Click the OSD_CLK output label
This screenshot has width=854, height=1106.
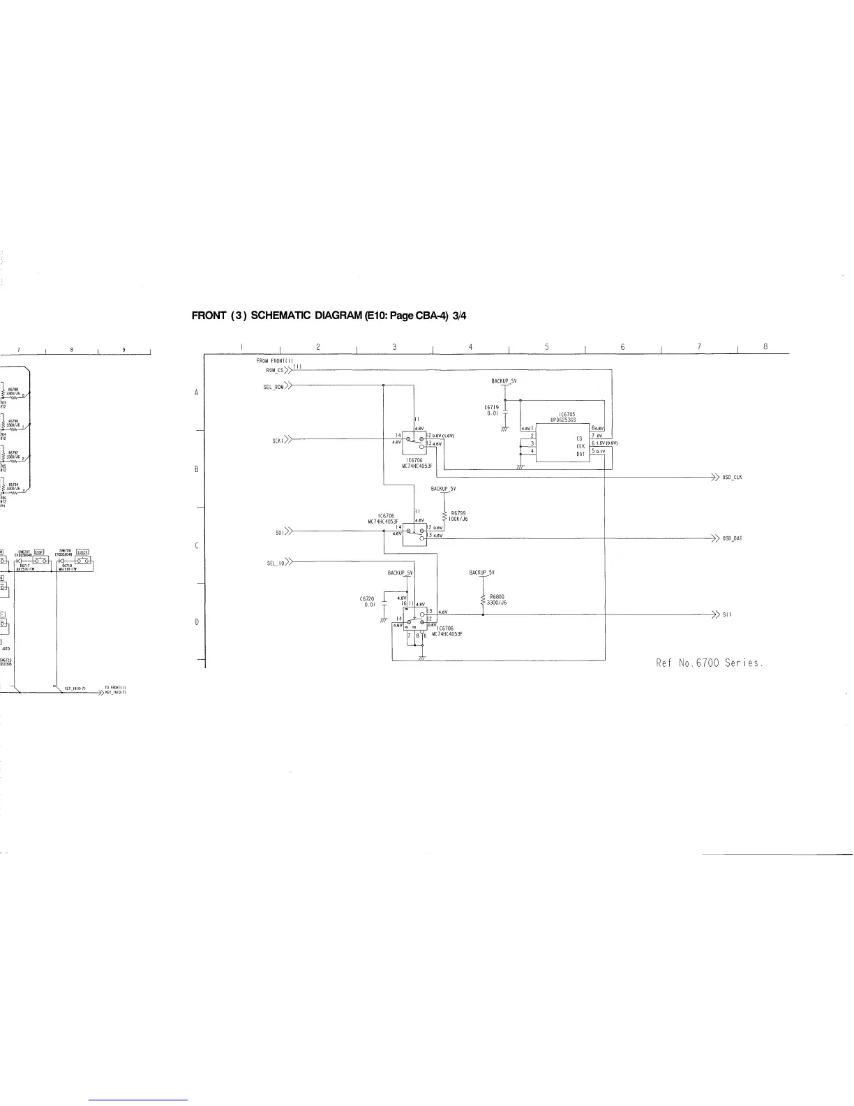pyautogui.click(x=732, y=478)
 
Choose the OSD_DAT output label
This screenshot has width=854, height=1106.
pyautogui.click(x=732, y=538)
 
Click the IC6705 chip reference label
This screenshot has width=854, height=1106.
pyautogui.click(x=567, y=415)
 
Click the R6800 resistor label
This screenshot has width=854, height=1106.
pyautogui.click(x=497, y=596)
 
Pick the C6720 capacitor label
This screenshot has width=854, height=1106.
pyautogui.click(x=367, y=598)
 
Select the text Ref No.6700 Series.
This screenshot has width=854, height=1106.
pyautogui.click(x=710, y=663)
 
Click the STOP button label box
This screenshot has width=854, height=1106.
pyautogui.click(x=40, y=552)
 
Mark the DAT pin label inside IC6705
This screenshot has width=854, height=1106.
pyautogui.click(x=580, y=454)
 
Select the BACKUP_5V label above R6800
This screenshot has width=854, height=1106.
pyautogui.click(x=481, y=573)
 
